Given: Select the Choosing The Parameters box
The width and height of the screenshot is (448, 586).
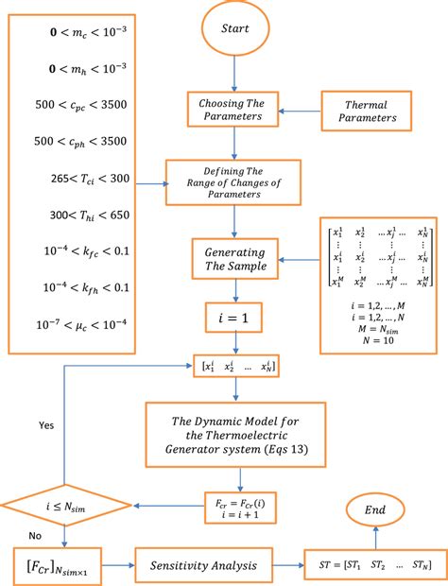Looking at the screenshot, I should pos(231,110).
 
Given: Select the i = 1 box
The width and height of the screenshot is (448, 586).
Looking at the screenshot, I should pos(231,319).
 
